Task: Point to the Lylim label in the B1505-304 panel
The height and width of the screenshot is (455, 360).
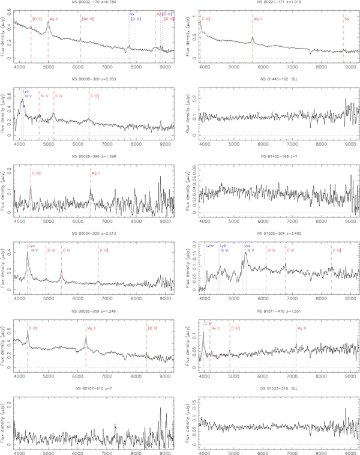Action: coord(209,246)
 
